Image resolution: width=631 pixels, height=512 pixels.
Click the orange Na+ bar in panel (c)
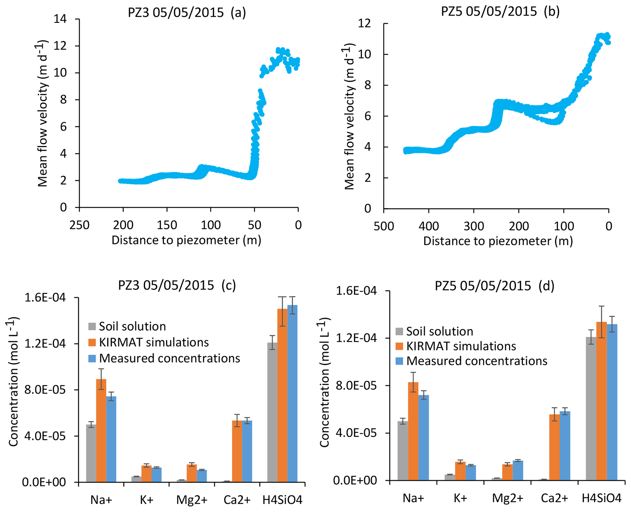(101, 430)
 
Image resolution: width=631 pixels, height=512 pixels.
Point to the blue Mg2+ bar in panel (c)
(202, 476)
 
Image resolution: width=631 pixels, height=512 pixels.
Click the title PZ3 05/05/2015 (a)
(187, 13)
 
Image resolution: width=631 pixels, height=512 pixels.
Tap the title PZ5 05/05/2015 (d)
(495, 286)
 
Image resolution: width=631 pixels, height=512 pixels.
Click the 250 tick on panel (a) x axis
(79, 225)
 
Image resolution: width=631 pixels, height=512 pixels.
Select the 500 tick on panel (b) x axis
(384, 226)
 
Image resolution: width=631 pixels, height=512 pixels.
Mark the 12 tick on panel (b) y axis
(365, 24)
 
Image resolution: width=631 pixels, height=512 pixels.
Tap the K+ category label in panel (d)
(460, 498)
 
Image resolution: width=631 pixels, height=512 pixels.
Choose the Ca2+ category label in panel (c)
(237, 500)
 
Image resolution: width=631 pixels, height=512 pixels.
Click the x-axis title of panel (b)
(498, 241)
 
